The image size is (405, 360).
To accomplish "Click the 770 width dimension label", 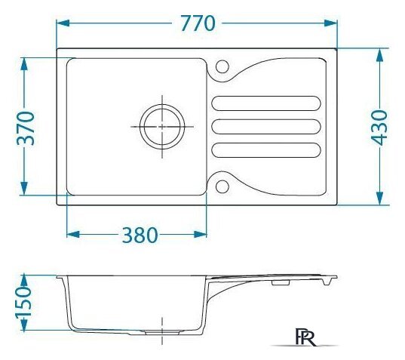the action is pos(198,23).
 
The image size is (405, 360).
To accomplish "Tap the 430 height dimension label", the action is pos(379,127).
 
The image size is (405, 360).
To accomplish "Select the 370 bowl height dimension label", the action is pos(26,128).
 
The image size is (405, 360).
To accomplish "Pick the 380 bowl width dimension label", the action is pos(140,235).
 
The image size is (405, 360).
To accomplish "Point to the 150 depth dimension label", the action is pos(24,302).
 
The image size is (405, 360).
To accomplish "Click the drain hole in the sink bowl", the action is pos(162,127).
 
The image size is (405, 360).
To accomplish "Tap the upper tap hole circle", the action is pos(222,66).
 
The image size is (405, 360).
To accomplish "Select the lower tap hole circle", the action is pos(222,186).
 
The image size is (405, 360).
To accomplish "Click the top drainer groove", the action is pos(266,103).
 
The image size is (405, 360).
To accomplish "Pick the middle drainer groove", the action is pos(266,127).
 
